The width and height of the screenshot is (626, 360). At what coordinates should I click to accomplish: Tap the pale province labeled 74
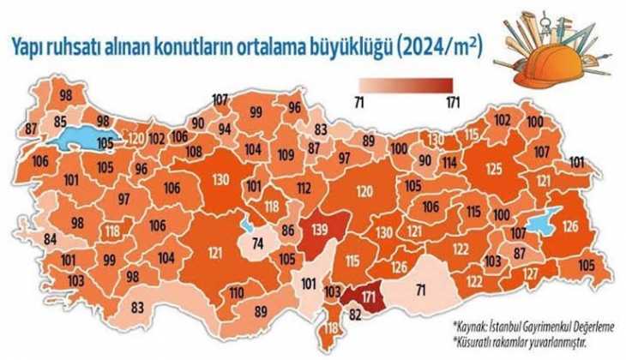coord(256,243)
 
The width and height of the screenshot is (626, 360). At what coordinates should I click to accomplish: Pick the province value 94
coord(226,129)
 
